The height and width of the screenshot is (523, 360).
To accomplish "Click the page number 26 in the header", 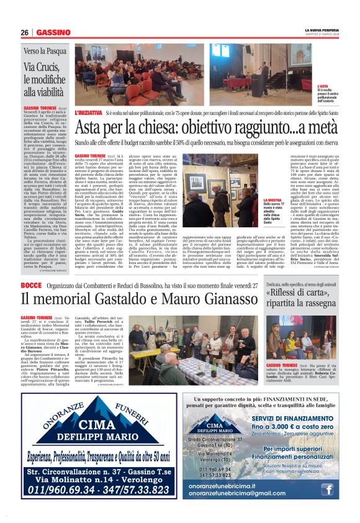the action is [24, 32].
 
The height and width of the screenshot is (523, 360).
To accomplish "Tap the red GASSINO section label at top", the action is [53, 32].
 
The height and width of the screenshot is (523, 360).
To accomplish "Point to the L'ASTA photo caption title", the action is [322, 86].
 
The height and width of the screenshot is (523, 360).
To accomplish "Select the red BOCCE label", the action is [31, 285].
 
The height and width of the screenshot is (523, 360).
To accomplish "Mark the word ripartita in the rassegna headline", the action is [286, 304].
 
